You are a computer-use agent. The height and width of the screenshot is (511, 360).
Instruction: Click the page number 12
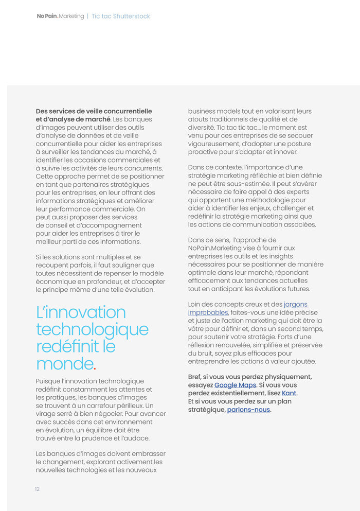tap(37, 489)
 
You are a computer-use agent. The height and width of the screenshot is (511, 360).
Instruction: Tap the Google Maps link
tap(235, 385)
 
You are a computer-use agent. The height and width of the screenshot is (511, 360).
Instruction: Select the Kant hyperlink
tap(289, 393)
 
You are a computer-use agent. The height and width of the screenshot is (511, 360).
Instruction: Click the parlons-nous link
tap(248, 410)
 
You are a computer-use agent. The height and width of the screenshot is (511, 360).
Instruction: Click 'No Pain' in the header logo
tap(47, 16)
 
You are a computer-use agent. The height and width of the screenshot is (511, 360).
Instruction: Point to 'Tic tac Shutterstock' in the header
tap(121, 16)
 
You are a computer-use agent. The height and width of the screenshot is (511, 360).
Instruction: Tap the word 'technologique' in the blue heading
tap(92, 329)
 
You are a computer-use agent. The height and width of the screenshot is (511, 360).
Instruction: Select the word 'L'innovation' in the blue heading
tap(81, 312)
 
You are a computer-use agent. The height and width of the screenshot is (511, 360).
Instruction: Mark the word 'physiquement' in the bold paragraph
tap(290, 377)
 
